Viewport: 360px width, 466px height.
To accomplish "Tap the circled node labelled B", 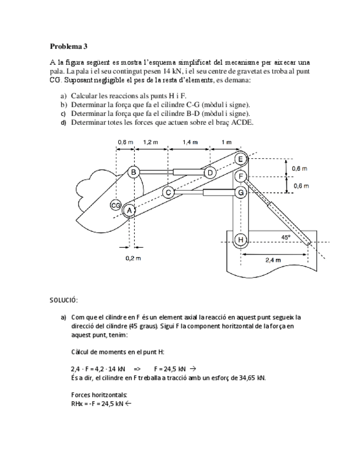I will [134, 172].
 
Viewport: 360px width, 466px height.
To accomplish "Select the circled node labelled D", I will [209, 173].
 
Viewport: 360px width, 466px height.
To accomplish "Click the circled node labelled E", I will [241, 159].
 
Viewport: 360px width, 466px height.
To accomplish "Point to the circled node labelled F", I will [240, 176].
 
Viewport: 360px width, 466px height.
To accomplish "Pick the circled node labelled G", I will [240, 192].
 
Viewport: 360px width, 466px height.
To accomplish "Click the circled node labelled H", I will [240, 240].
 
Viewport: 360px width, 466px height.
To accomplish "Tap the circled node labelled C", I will [169, 192].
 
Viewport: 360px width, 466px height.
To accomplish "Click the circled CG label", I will [116, 205].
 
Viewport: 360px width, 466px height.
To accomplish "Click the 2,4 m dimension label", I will [273, 259].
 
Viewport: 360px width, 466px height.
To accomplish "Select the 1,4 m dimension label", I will [190, 142].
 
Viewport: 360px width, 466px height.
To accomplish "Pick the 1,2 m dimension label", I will [150, 142].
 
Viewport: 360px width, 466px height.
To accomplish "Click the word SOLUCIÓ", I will [64, 300].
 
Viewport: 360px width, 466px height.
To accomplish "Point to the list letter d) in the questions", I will [63, 122].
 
